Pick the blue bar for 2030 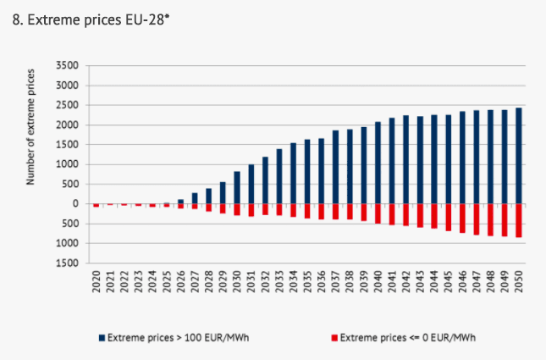tap(236, 188)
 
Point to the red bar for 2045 tap(448, 217)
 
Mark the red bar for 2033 tap(279, 209)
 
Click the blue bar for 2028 tap(208, 196)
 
